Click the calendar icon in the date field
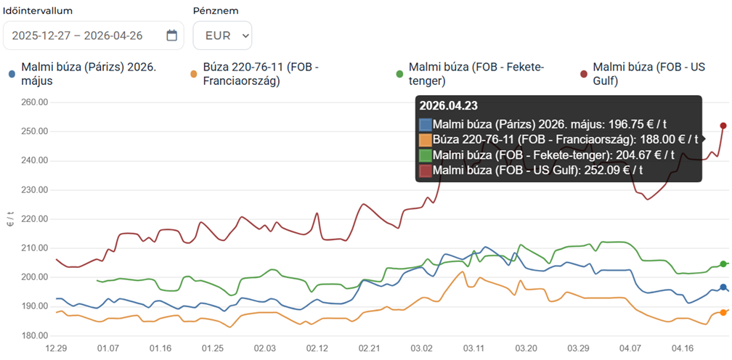(x=171, y=36)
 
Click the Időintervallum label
(x=38, y=11)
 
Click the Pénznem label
(x=216, y=11)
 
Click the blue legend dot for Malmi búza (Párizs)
(x=12, y=74)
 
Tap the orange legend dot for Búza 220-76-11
(x=193, y=74)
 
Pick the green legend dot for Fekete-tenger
(x=399, y=74)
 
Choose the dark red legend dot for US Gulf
(x=583, y=74)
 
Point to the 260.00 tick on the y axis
(x=34, y=102)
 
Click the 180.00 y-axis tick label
(x=34, y=335)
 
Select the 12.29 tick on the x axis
(x=56, y=349)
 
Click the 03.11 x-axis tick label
(x=474, y=349)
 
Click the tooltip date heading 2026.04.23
(x=448, y=106)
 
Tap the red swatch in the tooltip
(x=426, y=171)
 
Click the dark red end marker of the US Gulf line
(x=723, y=126)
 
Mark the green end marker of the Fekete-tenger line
(x=723, y=264)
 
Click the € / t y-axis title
(x=10, y=219)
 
